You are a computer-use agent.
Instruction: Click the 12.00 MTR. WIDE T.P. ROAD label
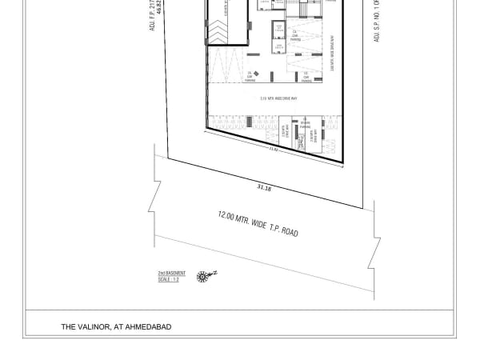click(x=258, y=223)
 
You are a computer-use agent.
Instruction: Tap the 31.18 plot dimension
click(x=264, y=188)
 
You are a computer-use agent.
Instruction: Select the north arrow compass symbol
click(x=205, y=276)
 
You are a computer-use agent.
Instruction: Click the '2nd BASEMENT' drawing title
click(x=171, y=274)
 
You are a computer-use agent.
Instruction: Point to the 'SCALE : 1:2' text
click(x=169, y=278)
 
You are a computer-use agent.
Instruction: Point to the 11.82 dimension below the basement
click(x=273, y=149)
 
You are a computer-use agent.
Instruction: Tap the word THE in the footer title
click(x=68, y=326)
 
